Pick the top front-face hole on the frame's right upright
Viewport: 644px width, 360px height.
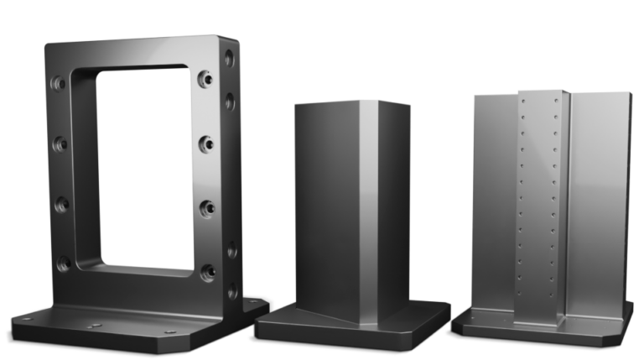point(205,79)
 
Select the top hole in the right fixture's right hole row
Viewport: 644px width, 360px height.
point(553,99)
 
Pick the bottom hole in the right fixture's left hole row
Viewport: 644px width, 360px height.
point(521,293)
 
